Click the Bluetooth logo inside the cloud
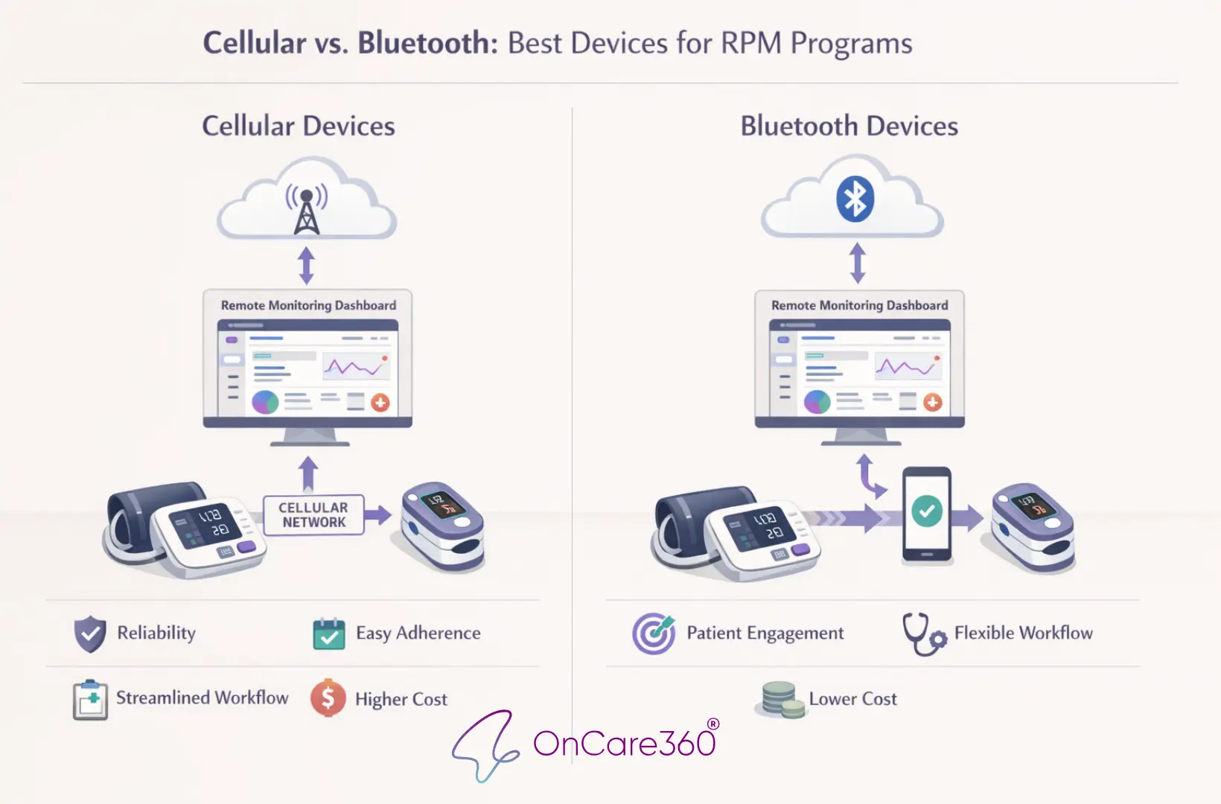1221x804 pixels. click(855, 199)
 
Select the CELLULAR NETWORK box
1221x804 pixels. click(313, 514)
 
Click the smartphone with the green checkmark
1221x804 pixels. click(927, 514)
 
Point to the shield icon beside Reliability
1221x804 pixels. click(90, 634)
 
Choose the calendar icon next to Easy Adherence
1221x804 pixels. click(328, 634)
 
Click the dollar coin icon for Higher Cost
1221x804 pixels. click(328, 698)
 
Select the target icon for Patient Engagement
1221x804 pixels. click(654, 634)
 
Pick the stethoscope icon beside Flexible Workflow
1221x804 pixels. click(923, 634)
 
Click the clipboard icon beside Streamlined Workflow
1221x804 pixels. click(90, 699)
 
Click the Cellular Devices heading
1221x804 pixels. click(299, 126)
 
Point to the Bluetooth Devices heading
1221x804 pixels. click(849, 126)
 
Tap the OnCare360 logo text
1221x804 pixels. click(624, 743)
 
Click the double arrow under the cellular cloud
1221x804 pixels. click(306, 265)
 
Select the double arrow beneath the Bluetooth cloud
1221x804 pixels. click(858, 264)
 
